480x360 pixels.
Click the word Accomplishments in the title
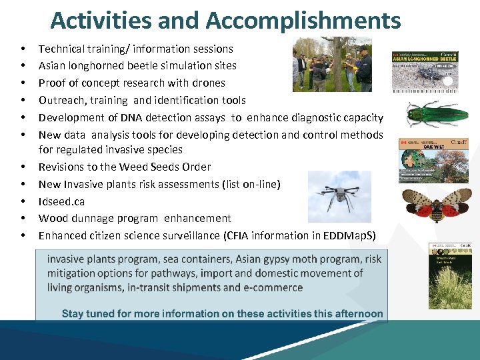[x=303, y=21]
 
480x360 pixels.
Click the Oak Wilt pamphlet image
[x=433, y=159]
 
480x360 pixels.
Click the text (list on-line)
[x=247, y=184]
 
